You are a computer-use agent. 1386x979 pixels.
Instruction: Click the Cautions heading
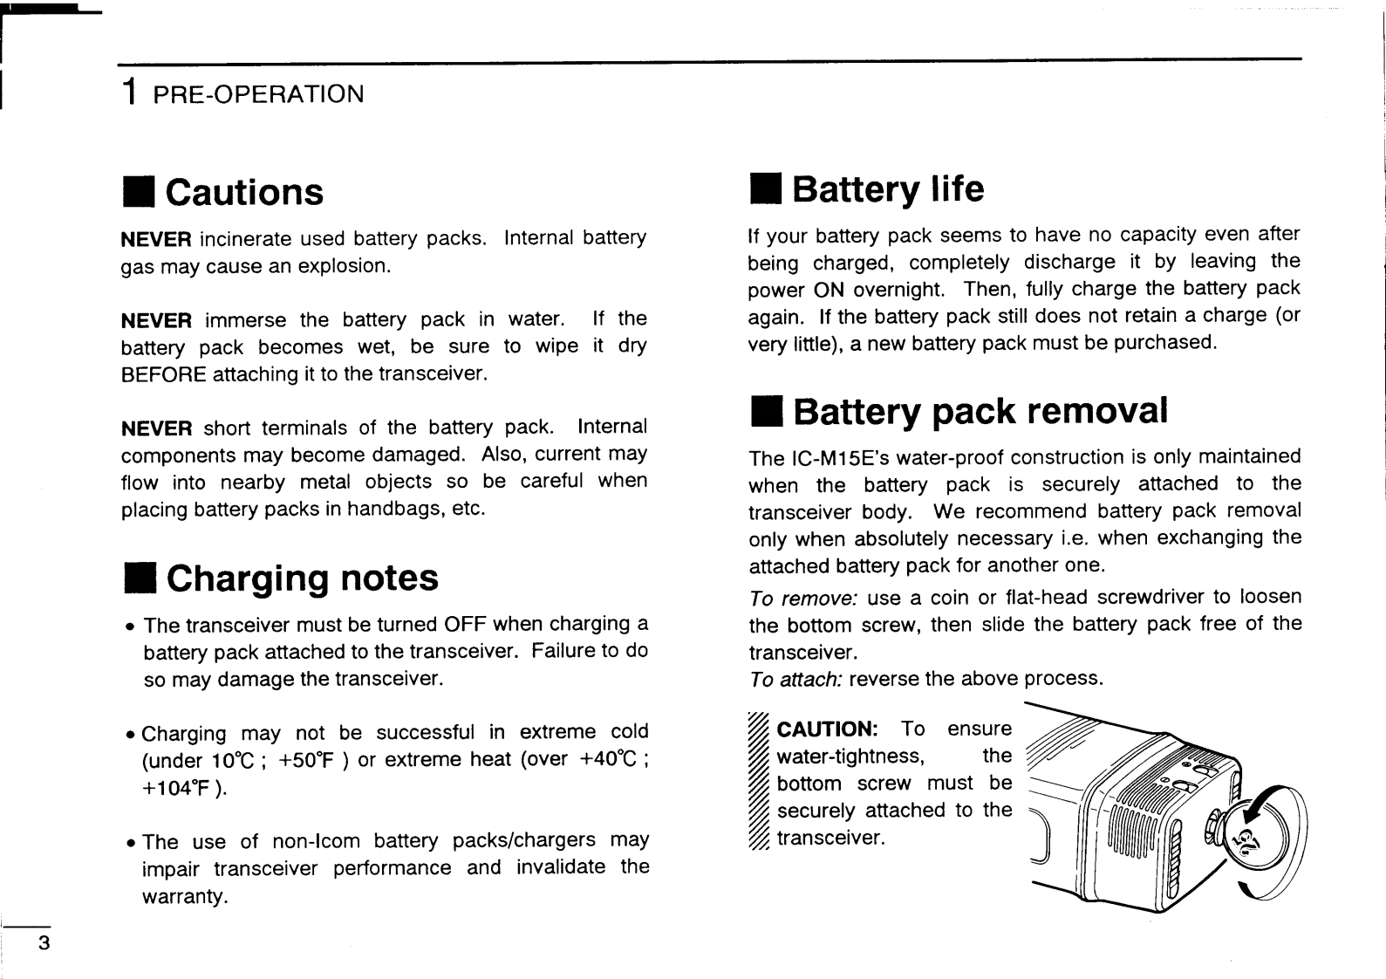pyautogui.click(x=243, y=192)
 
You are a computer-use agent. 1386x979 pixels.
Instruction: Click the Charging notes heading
pyautogui.click(x=302, y=578)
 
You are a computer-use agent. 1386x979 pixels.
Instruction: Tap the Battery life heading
pyautogui.click(x=887, y=188)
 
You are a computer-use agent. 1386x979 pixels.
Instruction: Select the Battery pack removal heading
pyautogui.click(x=980, y=410)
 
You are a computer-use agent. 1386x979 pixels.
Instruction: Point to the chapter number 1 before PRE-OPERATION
pyautogui.click(x=130, y=92)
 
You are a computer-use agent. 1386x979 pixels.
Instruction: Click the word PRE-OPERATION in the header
pyautogui.click(x=258, y=93)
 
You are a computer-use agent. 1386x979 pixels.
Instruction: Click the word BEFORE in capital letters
pyautogui.click(x=163, y=374)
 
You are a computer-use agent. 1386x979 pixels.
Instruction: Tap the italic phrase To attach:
pyautogui.click(x=795, y=679)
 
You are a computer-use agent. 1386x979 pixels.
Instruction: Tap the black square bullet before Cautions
pyautogui.click(x=139, y=193)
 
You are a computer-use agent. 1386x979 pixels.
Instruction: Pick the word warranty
pyautogui.click(x=184, y=896)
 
